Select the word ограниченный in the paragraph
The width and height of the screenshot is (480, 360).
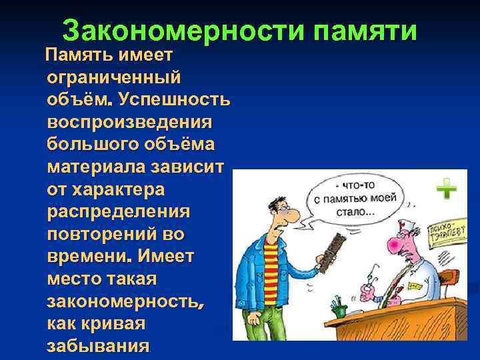[x=114, y=77]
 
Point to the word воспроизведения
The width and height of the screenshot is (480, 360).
[x=129, y=123]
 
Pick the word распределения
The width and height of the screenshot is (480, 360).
[x=119, y=212]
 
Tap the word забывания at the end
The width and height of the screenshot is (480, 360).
[x=97, y=347]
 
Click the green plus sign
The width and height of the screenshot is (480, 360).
[x=446, y=192]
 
